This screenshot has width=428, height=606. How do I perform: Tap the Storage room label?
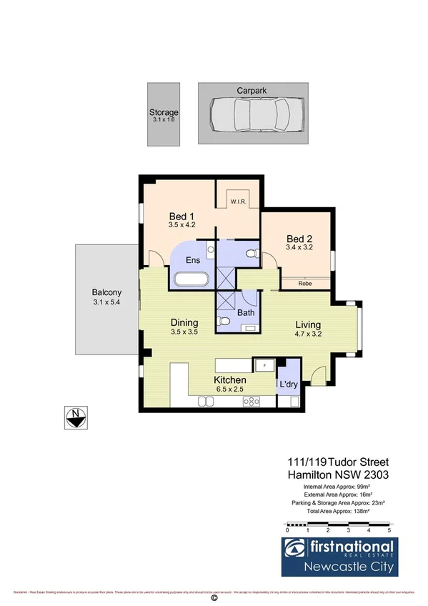tap(164, 113)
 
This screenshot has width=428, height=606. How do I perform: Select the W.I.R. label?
tap(238, 203)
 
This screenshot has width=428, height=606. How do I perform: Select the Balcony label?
tap(106, 292)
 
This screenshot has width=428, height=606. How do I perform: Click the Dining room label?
tap(184, 322)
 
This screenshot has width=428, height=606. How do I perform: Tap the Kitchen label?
tap(230, 380)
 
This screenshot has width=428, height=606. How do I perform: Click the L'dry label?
tap(288, 384)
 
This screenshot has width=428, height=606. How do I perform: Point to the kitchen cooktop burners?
tap(251, 402)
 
